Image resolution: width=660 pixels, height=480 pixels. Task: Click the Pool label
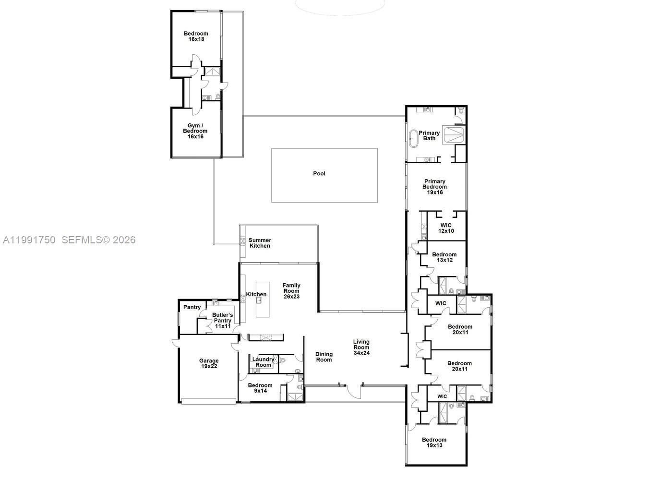[x=319, y=173]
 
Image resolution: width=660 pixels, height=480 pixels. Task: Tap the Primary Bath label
[x=429, y=136]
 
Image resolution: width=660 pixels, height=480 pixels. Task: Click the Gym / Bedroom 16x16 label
[x=195, y=131]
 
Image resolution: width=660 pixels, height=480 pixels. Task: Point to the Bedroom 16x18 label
[x=196, y=36]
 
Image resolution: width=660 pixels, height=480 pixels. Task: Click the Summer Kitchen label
[x=260, y=243]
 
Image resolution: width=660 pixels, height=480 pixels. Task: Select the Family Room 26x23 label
[x=291, y=291]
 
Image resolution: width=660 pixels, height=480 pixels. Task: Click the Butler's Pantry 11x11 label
[x=223, y=320]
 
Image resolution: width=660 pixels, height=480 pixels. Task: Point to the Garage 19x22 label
[x=209, y=363]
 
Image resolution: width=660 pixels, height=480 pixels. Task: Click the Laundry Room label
[x=263, y=362]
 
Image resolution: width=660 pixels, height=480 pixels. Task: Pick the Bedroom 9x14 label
[x=260, y=388]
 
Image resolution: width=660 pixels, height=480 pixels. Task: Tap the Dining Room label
[x=324, y=357]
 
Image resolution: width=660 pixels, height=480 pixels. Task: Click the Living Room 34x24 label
[x=361, y=348]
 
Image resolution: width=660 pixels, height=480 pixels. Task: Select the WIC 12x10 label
[x=446, y=228]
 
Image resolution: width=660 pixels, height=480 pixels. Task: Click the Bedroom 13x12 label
[x=444, y=257]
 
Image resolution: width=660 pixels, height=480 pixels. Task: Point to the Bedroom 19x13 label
[x=434, y=442]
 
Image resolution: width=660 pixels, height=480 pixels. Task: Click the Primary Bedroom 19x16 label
[x=434, y=187]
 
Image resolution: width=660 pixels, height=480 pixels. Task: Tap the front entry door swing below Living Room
[x=354, y=391]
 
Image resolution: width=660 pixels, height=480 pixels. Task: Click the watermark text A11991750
[x=29, y=240]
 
